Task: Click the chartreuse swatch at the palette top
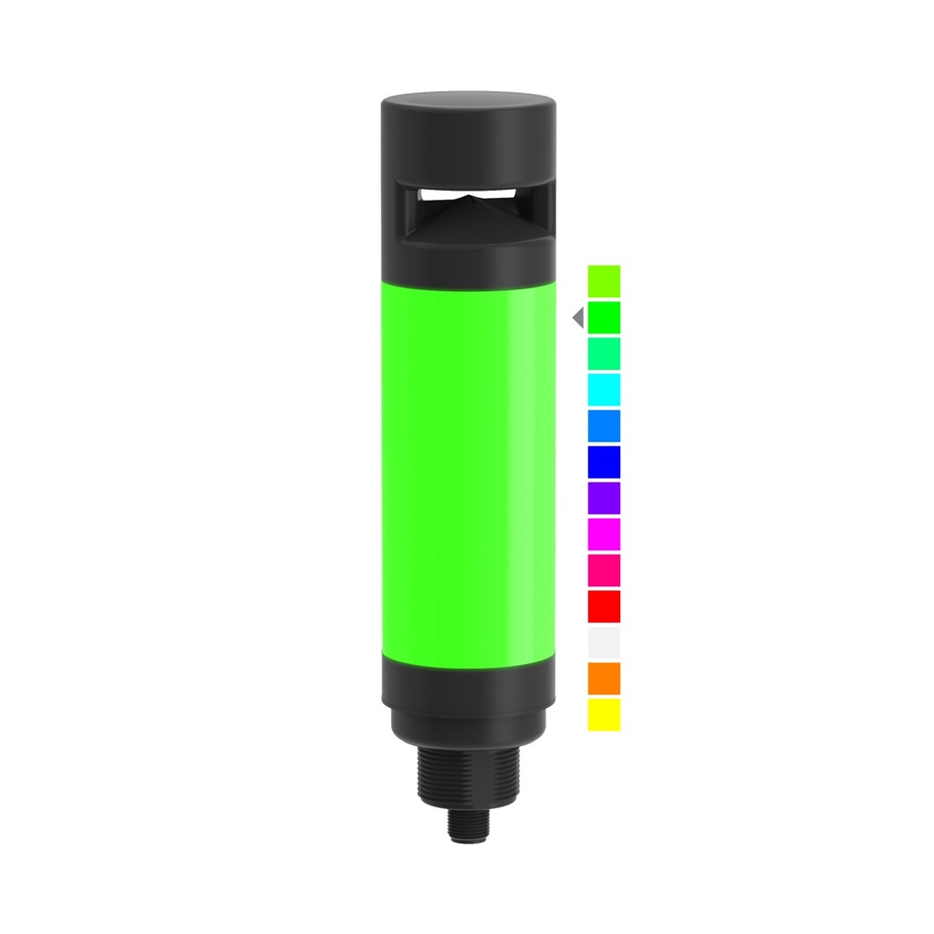(604, 281)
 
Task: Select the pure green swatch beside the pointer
(604, 317)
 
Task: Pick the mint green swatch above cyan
(604, 353)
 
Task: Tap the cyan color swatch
(604, 389)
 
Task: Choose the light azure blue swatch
(604, 425)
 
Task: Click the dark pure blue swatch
(604, 462)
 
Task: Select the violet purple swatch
(604, 497)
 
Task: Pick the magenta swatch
(604, 534)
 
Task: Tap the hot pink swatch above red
(604, 569)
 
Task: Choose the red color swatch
(604, 606)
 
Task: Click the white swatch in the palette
(604, 642)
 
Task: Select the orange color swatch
(604, 678)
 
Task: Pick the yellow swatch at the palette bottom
(604, 714)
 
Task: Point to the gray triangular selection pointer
(577, 317)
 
